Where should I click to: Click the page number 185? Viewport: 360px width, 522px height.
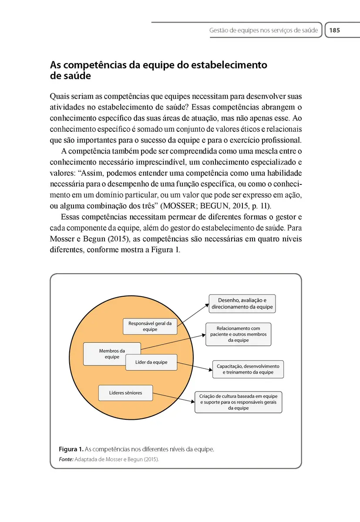(x=334, y=30)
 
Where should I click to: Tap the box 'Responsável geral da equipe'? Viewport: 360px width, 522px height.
(x=150, y=326)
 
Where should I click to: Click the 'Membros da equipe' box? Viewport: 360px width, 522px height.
(x=111, y=353)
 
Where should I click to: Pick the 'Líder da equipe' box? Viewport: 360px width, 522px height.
(x=151, y=362)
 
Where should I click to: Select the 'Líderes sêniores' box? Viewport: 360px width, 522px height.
(x=125, y=393)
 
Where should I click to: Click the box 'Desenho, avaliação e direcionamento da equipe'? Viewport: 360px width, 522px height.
(x=242, y=304)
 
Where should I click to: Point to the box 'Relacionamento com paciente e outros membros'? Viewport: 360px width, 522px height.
(x=238, y=334)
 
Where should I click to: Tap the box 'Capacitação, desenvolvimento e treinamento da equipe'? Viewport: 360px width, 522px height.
(x=248, y=369)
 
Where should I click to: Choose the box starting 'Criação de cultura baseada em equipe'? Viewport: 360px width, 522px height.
(x=238, y=402)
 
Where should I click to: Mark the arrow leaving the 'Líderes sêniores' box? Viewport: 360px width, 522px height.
(x=174, y=397)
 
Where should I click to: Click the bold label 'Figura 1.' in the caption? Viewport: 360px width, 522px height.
(x=71, y=449)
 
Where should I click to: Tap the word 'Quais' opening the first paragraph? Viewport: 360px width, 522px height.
(x=59, y=96)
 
